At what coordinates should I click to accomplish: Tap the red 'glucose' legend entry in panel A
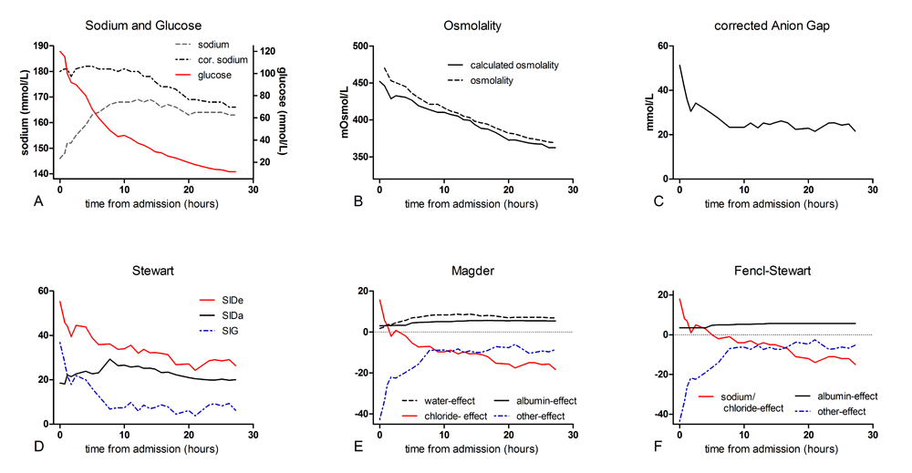point(206,75)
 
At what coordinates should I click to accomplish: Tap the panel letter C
point(645,202)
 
